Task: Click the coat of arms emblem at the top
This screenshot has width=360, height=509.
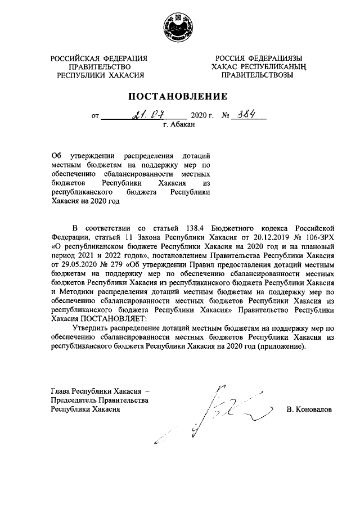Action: [x=180, y=27]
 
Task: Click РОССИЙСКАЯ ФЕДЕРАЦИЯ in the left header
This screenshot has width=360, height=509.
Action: [x=100, y=58]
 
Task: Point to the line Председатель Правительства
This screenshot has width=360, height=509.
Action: [x=99, y=400]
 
